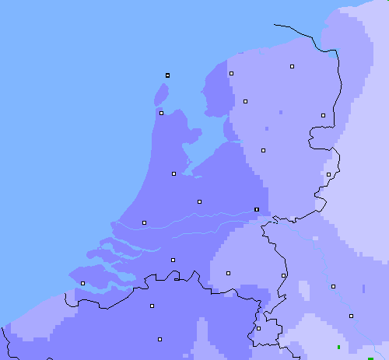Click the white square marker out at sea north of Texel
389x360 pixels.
click(167, 75)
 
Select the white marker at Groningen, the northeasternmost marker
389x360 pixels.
click(292, 67)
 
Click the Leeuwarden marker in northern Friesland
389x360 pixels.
click(231, 73)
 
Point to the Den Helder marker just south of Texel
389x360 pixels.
click(161, 113)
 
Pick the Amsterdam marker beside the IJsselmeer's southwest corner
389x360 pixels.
click(173, 173)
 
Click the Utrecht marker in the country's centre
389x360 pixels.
click(199, 201)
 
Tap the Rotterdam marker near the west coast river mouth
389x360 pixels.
click(144, 223)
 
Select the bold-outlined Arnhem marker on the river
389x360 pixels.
click(257, 209)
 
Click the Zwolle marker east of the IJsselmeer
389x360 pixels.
click(263, 150)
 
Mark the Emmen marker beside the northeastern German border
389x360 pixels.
click(323, 115)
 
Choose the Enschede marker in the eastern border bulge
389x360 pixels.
click(328, 174)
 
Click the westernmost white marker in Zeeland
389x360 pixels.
click(82, 283)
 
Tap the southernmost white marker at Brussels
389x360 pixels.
click(159, 339)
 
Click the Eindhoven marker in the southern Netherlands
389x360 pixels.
click(228, 273)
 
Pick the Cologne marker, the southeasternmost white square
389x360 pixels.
click(351, 316)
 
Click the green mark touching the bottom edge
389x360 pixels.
click(370, 358)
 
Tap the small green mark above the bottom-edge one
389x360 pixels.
click(338, 346)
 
